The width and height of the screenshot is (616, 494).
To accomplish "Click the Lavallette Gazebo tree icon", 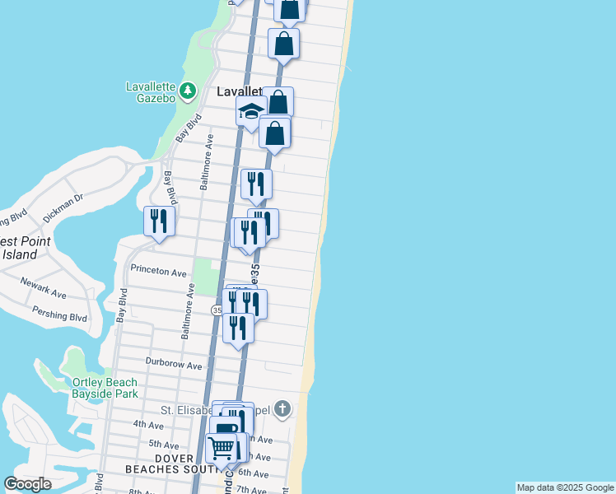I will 188,91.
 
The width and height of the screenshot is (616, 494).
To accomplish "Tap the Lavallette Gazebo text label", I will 151,92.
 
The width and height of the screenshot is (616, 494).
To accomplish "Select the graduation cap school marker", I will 250,111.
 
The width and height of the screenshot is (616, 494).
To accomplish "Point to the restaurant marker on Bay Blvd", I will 158,221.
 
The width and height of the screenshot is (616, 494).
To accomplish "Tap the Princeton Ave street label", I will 157,271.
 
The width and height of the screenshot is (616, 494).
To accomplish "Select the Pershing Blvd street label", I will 59,315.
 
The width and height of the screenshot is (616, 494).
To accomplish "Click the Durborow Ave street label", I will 174,365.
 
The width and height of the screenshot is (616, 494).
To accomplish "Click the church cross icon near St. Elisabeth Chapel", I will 282,408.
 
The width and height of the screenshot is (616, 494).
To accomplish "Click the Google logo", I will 27,484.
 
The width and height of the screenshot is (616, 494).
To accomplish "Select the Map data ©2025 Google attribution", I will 565,487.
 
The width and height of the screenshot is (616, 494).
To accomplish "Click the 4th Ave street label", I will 148,425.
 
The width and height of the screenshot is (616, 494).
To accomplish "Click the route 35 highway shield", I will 217,310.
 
